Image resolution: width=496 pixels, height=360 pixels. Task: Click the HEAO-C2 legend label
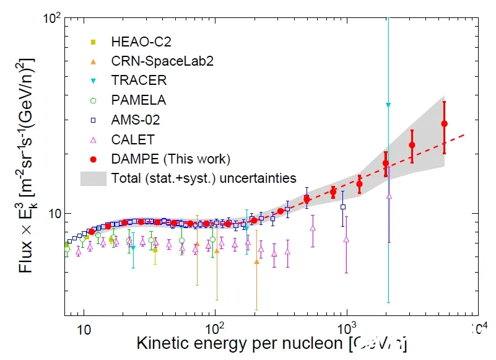(141, 42)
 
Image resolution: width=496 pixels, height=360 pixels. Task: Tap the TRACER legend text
(139, 80)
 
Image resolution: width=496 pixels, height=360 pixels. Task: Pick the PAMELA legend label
(139, 99)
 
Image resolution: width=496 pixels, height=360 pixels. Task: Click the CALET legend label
(133, 139)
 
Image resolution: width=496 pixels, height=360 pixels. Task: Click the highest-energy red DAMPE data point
(444, 124)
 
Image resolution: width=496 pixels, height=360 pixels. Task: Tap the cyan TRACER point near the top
(388, 105)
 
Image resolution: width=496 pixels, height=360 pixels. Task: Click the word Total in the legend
(126, 178)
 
